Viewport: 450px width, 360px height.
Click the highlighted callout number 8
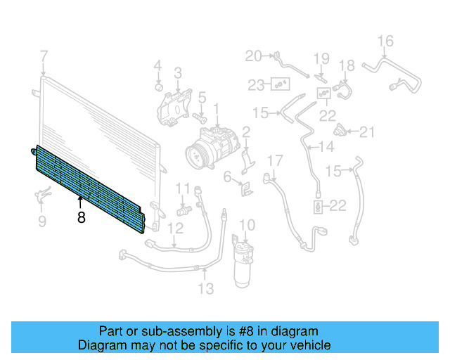tap(82, 217)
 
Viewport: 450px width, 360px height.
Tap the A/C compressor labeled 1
tap(212, 148)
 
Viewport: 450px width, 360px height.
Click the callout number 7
tap(44, 56)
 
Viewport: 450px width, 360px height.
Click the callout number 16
tap(385, 41)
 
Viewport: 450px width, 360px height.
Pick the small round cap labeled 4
tap(159, 86)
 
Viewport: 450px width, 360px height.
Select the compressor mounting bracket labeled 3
tap(174, 108)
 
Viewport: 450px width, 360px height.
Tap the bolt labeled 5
tap(200, 117)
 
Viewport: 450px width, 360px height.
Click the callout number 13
tap(206, 288)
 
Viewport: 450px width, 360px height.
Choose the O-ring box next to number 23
tap(281, 84)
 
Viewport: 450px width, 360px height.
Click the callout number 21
tap(367, 132)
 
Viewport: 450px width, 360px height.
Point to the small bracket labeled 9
tap(43, 194)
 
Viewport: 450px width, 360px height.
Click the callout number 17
tap(275, 161)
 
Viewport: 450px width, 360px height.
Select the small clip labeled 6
tap(247, 189)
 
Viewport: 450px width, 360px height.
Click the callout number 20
tap(253, 56)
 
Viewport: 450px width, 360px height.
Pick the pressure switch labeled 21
tap(340, 130)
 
